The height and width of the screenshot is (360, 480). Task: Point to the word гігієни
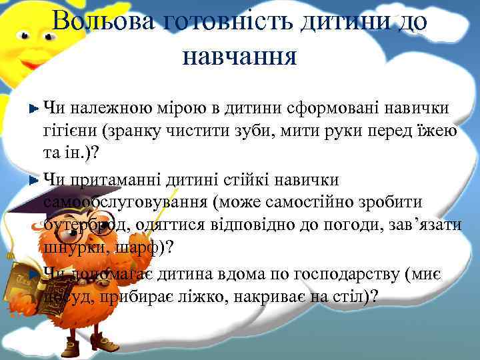coord(67,130)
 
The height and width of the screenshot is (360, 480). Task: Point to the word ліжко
coord(202,295)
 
